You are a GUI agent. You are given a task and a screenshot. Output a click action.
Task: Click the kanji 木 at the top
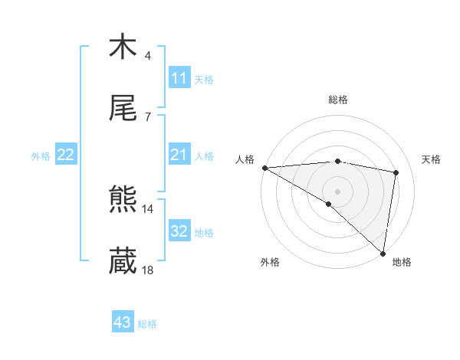point(123,47)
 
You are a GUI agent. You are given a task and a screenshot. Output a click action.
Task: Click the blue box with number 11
point(179,78)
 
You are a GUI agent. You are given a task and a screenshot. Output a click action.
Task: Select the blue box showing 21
point(179,155)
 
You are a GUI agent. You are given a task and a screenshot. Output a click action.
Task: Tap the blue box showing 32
point(179,232)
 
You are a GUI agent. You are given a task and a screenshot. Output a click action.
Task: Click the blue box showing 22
point(65,155)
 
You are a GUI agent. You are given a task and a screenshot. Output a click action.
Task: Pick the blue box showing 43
point(122,323)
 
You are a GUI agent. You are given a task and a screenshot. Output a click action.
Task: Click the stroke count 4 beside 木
point(148,56)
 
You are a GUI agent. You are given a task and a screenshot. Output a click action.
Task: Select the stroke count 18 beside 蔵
point(148,270)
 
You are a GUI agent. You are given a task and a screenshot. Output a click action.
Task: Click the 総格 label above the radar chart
point(338,100)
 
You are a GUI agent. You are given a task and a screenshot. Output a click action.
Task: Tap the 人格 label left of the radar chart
point(245,159)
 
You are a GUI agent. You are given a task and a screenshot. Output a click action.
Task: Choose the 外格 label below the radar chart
point(270,262)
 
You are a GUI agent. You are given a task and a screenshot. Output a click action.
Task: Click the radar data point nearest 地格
point(383,253)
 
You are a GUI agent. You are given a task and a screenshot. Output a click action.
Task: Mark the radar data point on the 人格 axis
point(264,168)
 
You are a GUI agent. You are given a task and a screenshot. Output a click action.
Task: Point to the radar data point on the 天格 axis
point(396,172)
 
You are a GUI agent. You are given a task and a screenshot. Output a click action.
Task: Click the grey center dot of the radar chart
point(337,190)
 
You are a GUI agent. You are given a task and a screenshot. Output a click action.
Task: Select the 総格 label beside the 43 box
point(147,324)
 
